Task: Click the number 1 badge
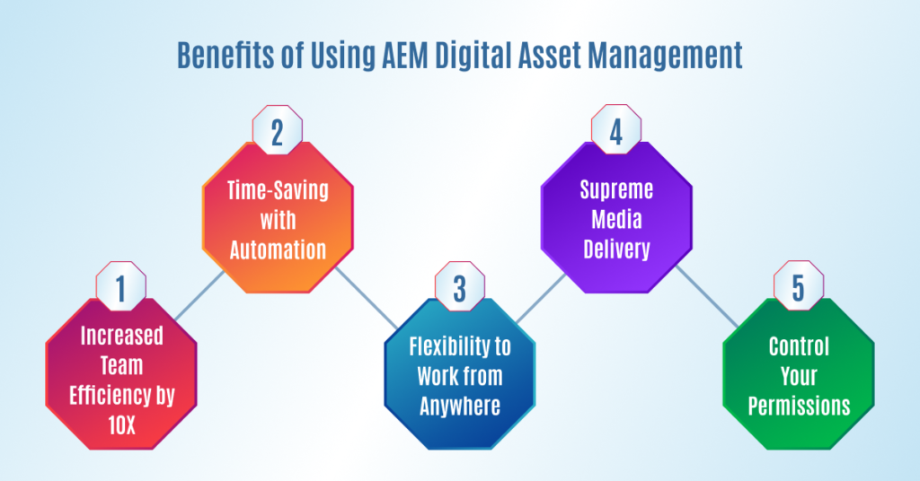(121, 286)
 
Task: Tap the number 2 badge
(278, 130)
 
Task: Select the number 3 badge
(460, 286)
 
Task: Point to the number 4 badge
(616, 129)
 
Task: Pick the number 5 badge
(799, 286)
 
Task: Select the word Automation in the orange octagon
(278, 250)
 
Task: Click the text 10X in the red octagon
(121, 424)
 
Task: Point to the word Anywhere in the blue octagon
(460, 406)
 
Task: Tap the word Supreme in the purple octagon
(616, 190)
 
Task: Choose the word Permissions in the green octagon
(799, 406)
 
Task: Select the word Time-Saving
(278, 191)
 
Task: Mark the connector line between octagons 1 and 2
(199, 295)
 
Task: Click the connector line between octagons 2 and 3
(367, 298)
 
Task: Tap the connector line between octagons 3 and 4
(541, 298)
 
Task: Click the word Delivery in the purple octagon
(616, 249)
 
